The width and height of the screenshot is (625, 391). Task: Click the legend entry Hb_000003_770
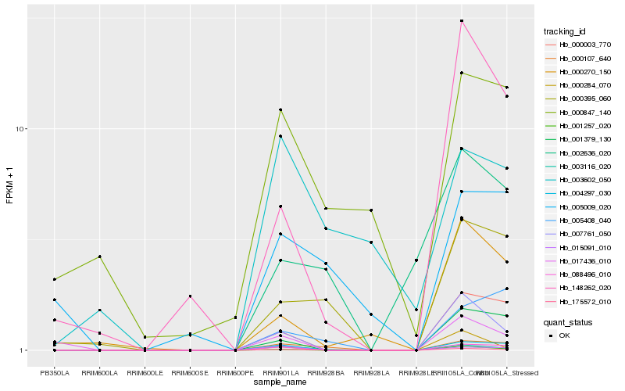(x=579, y=45)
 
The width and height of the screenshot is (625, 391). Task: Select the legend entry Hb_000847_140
(x=579, y=112)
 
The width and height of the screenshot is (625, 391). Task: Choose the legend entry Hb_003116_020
(x=579, y=166)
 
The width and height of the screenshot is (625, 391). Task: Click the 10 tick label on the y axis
(x=20, y=129)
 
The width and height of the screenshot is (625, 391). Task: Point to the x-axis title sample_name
(x=280, y=382)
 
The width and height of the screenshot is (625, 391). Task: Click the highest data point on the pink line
(x=462, y=20)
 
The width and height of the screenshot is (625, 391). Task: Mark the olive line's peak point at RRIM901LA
(x=280, y=109)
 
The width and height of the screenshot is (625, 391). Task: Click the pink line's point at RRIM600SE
(x=190, y=296)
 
